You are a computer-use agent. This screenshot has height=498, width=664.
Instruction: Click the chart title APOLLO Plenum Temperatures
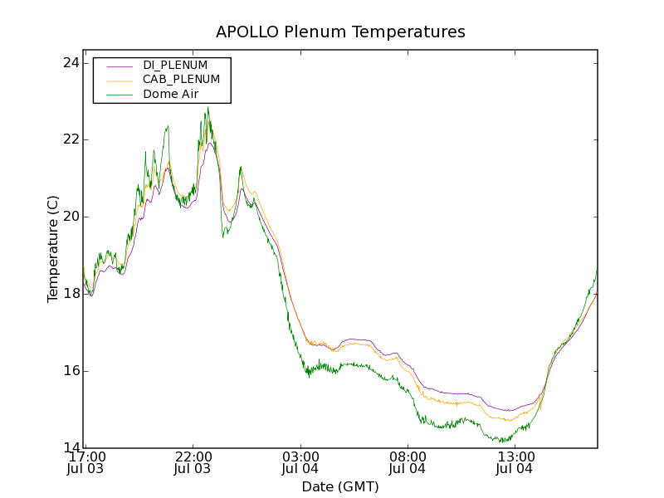click(340, 32)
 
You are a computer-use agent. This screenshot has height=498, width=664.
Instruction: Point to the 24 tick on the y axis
click(72, 63)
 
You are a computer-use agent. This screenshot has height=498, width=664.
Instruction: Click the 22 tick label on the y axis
click(72, 139)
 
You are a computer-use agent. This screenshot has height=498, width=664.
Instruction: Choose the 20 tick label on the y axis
click(72, 217)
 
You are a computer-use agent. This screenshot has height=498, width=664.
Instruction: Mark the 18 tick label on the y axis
click(72, 294)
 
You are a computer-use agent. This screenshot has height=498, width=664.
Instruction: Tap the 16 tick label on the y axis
click(72, 370)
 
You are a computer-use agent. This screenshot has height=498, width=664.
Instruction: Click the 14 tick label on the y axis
click(72, 447)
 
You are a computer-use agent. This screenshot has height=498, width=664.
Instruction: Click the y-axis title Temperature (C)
click(53, 249)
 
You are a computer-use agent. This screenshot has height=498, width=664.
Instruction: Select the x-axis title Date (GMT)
click(340, 486)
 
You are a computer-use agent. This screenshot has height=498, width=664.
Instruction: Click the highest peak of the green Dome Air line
click(207, 107)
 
